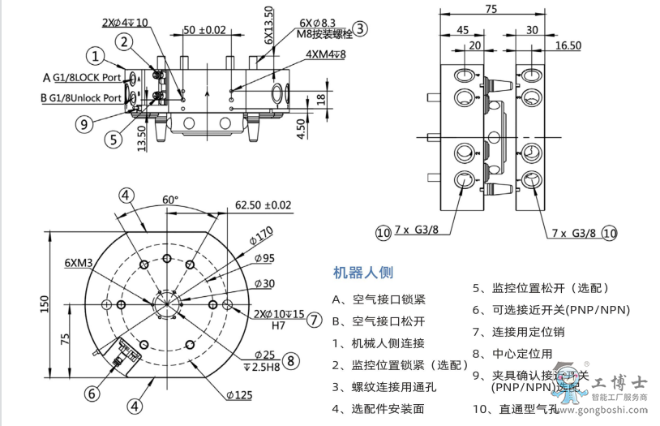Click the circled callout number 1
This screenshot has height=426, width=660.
[x=96, y=56]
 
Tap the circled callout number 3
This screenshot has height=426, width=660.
[x=360, y=28]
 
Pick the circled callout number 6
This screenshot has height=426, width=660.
[x=92, y=394]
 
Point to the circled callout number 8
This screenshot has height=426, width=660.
[x=291, y=360]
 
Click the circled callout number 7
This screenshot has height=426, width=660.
[x=314, y=319]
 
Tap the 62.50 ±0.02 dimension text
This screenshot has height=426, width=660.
[x=263, y=204]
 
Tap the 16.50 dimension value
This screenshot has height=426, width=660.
[x=568, y=46]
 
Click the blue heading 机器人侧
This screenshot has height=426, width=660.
[x=362, y=273]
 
